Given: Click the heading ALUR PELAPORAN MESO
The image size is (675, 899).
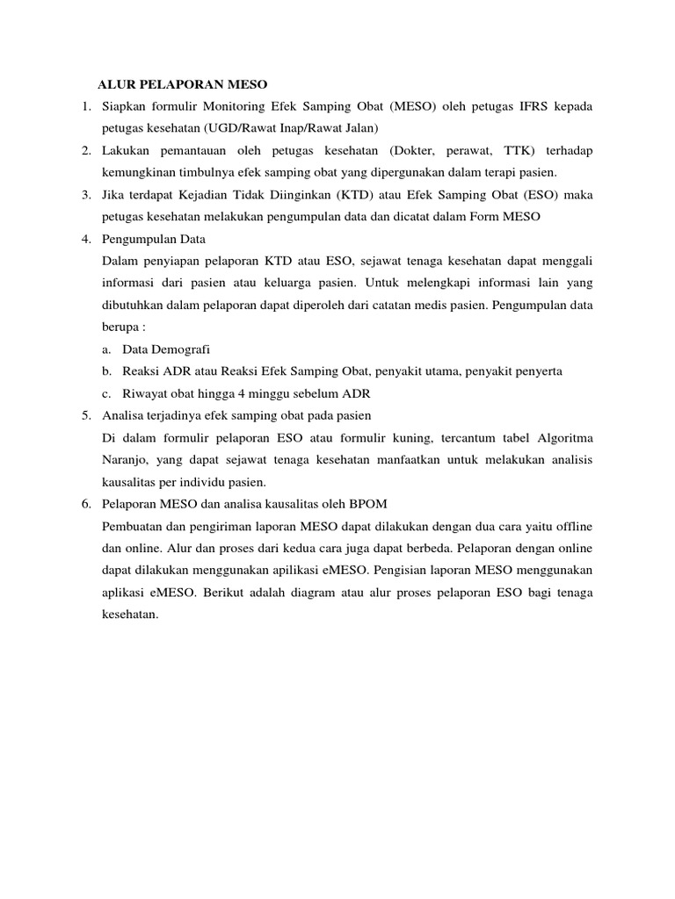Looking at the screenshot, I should click(x=181, y=84).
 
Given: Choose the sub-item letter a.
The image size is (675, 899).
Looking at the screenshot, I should click(x=106, y=349).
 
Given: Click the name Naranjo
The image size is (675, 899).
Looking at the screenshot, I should click(x=127, y=459).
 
